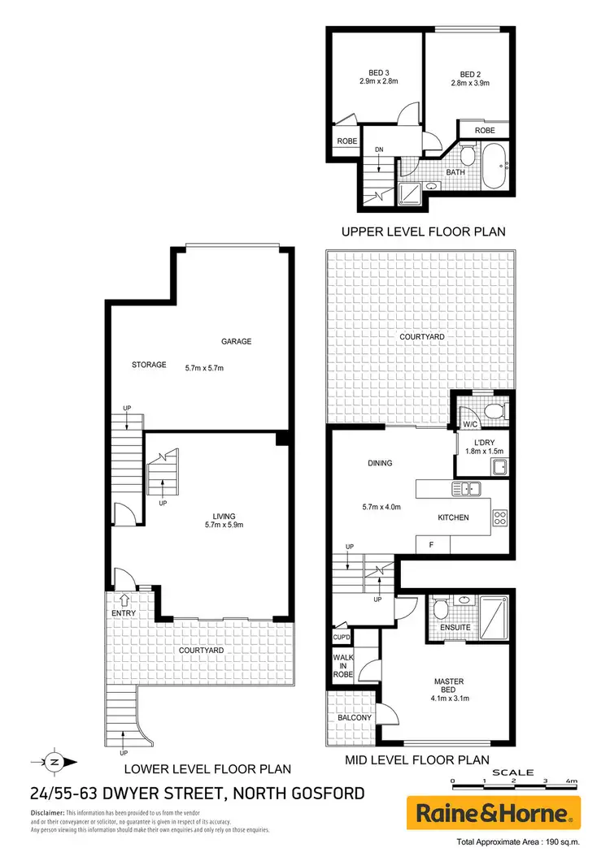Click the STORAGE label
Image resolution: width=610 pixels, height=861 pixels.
pos(149,366)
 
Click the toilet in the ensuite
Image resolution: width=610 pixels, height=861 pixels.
pos(440,608)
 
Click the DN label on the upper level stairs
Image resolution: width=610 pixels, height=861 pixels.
pos(378,150)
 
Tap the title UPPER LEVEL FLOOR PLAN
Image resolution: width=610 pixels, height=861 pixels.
pos(423,231)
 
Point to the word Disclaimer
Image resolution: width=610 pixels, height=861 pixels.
pos(47,813)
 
